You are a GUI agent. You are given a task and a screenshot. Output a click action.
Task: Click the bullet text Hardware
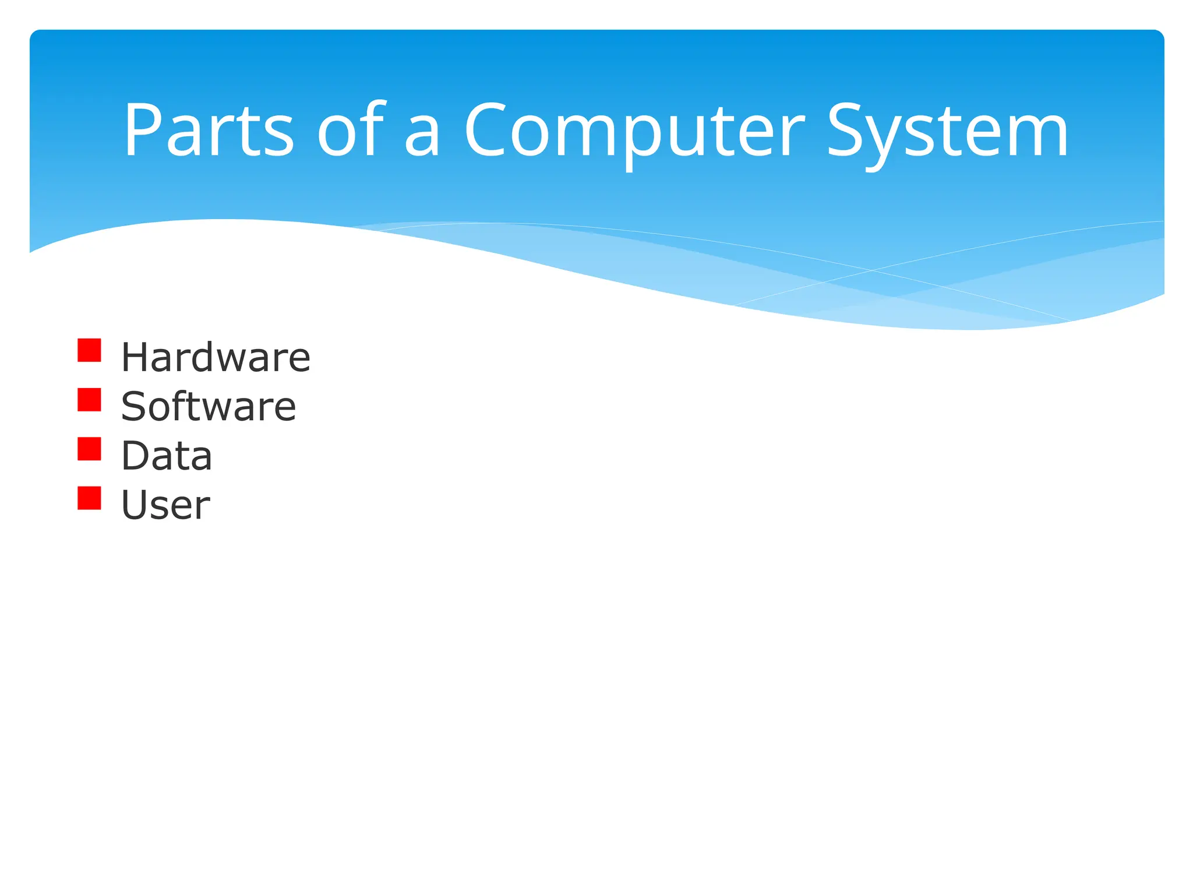point(216,357)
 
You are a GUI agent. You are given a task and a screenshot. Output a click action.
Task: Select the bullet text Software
point(209,406)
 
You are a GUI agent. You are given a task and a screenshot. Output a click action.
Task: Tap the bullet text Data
point(167,456)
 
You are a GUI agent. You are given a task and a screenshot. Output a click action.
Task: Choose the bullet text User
point(165,505)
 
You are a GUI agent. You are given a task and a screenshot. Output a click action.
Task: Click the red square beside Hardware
point(89,351)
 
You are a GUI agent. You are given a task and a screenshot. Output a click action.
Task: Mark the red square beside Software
point(89,400)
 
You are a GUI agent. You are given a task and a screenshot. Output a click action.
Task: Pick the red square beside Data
point(89,449)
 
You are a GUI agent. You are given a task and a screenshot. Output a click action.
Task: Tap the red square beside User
point(89,498)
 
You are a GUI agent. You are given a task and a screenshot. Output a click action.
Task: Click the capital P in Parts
point(142,130)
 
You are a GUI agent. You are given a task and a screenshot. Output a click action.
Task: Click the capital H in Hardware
point(135,357)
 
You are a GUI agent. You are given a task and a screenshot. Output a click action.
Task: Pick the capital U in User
point(135,505)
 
